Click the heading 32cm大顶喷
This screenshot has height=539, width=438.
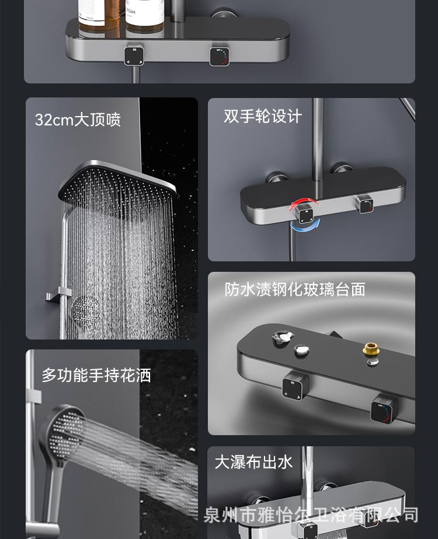click(x=78, y=120)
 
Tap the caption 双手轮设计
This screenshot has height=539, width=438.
click(x=263, y=116)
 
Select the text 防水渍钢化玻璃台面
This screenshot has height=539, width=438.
click(x=295, y=289)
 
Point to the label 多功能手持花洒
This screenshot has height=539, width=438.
click(x=96, y=375)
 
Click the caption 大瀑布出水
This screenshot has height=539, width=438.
click(x=253, y=462)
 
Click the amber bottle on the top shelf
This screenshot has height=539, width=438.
click(x=99, y=16)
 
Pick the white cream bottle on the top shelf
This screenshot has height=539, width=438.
click(x=145, y=16)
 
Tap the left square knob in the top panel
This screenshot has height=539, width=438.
click(x=134, y=54)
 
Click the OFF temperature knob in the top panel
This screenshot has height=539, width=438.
click(x=220, y=55)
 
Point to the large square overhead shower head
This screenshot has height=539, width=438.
click(x=117, y=181)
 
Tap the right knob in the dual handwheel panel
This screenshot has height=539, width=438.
click(x=365, y=204)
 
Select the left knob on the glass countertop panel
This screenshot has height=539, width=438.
click(x=295, y=386)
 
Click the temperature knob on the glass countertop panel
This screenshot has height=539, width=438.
click(x=384, y=409)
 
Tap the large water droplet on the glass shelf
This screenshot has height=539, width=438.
click(x=283, y=337)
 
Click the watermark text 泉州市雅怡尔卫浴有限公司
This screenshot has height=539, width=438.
click(x=311, y=515)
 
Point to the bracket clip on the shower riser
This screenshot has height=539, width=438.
click(x=59, y=295)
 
